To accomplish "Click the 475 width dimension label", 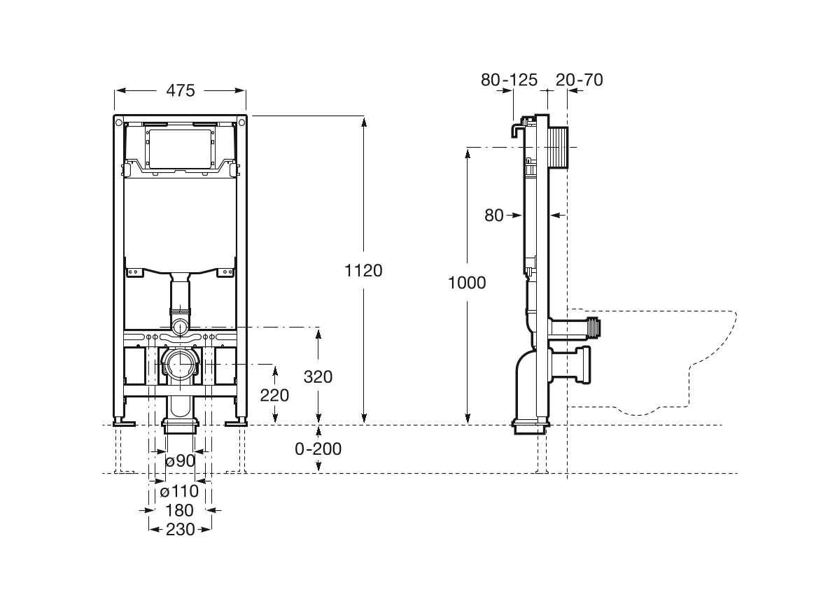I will tap(181, 90).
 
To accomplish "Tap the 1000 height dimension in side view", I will tap(467, 283).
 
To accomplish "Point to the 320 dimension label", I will tap(318, 376).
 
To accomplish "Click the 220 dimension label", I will tap(274, 395).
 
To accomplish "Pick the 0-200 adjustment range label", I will tap(318, 449).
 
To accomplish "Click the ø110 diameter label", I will tap(179, 491).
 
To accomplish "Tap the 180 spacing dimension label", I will tap(180, 510).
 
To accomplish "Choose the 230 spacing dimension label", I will tap(180, 530).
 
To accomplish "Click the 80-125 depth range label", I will tap(509, 80).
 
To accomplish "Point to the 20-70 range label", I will tap(579, 80).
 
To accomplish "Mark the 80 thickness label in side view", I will tap(494, 216).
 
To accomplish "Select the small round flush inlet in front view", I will tap(181, 326).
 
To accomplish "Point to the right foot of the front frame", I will tap(236, 421).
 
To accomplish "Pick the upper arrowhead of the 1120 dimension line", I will tap(364, 122).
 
